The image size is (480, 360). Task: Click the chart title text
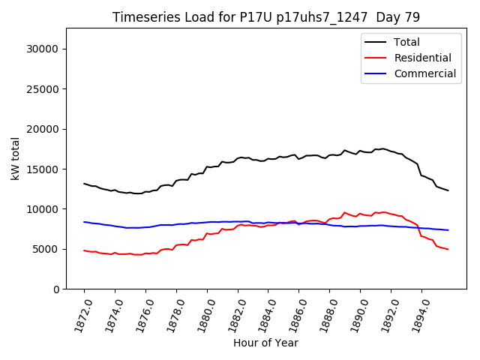pyautogui.click(x=266, y=17)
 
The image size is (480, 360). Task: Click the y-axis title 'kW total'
pyautogui.click(x=16, y=158)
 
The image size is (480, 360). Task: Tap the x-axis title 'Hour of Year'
pyautogui.click(x=265, y=343)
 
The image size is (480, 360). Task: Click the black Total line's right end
pyautogui.click(x=448, y=190)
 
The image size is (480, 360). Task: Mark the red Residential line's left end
pyautogui.click(x=84, y=250)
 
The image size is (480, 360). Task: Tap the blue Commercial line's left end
pyautogui.click(x=84, y=222)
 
